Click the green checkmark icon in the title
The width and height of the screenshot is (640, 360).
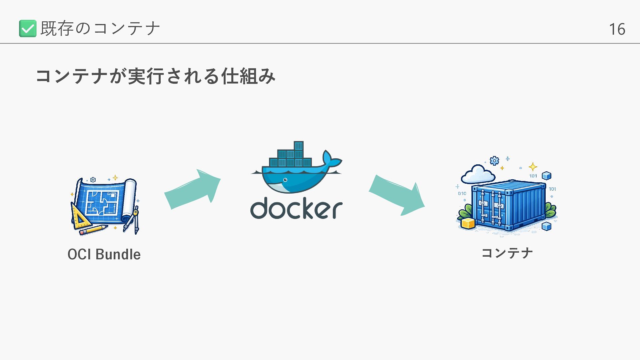(x=28, y=28)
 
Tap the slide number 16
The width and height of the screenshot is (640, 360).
(x=617, y=29)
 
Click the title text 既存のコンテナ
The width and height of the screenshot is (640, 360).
(x=100, y=28)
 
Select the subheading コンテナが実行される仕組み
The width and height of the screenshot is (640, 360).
(x=155, y=76)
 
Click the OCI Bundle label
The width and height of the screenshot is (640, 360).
(x=104, y=254)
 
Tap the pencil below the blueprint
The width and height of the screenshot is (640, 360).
(x=93, y=230)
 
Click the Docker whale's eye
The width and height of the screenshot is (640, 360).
(x=285, y=180)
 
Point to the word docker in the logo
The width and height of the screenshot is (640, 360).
(x=296, y=209)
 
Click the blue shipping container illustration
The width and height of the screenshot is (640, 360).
(x=508, y=205)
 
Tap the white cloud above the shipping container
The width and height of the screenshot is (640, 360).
(x=478, y=174)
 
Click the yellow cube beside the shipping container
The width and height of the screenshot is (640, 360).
(x=468, y=223)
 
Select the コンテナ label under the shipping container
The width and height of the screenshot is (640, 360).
(x=507, y=253)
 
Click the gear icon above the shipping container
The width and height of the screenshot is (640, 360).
(x=494, y=161)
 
